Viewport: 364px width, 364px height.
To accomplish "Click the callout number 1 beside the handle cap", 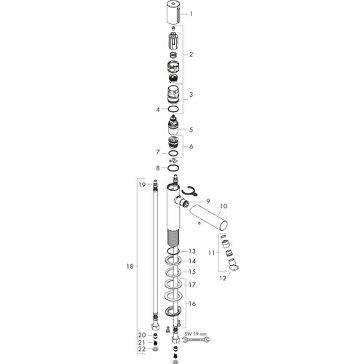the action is click(191, 14).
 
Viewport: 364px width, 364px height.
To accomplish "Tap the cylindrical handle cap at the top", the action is click(174, 12).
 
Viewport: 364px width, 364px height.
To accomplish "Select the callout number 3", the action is click(191, 95).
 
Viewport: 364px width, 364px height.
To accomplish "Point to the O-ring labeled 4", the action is click(173, 109).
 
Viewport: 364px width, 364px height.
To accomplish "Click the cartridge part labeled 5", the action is click(173, 125).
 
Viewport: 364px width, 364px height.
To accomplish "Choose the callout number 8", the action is click(158, 168).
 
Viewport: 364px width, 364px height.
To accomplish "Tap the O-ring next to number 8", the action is click(173, 167).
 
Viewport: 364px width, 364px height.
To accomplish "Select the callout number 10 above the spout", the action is click(223, 206).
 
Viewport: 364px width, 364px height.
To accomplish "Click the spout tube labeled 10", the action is click(209, 217).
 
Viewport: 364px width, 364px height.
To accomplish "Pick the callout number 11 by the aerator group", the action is click(212, 253).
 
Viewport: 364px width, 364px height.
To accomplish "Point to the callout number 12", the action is click(223, 278).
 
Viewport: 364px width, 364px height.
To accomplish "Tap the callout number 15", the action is click(192, 272).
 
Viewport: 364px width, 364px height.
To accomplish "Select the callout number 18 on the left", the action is click(130, 266).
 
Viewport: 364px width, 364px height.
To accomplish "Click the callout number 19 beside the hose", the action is click(142, 185).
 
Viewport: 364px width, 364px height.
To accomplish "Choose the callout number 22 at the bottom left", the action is click(142, 349).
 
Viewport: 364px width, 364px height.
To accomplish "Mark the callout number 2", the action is click(191, 55).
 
